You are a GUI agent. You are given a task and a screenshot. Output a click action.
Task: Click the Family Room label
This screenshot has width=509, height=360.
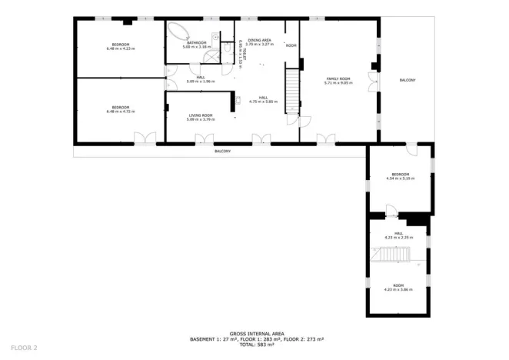(x=338, y=79)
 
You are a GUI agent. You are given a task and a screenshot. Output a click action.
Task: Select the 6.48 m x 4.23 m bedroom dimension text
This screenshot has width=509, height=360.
(x=120, y=49)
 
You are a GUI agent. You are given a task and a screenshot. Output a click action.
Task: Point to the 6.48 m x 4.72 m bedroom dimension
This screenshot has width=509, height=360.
(x=120, y=112)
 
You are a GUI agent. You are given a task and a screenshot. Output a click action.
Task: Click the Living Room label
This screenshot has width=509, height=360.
(x=201, y=115)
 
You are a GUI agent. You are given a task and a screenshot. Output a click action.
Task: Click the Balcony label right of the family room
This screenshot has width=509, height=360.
(x=408, y=80)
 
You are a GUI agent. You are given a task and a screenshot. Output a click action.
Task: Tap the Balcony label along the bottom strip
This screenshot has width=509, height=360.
(x=222, y=151)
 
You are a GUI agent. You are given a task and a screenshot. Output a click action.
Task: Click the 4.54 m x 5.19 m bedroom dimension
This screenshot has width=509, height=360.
(x=400, y=178)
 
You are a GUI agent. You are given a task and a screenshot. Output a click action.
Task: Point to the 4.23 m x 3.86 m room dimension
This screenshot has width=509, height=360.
(x=398, y=289)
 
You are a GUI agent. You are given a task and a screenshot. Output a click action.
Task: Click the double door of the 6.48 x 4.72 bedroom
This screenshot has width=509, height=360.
(x=144, y=138)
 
